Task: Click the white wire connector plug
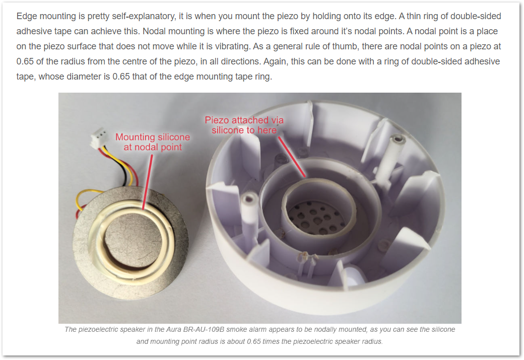[99, 138]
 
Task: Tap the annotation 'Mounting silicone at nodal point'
[153, 142]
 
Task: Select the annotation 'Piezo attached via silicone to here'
[244, 125]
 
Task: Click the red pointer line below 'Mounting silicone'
[147, 182]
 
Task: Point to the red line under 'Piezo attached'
[292, 157]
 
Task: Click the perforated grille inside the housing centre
[316, 218]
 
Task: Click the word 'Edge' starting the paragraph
[27, 16]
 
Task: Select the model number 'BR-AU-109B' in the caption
[204, 330]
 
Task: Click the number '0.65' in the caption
[253, 342]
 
